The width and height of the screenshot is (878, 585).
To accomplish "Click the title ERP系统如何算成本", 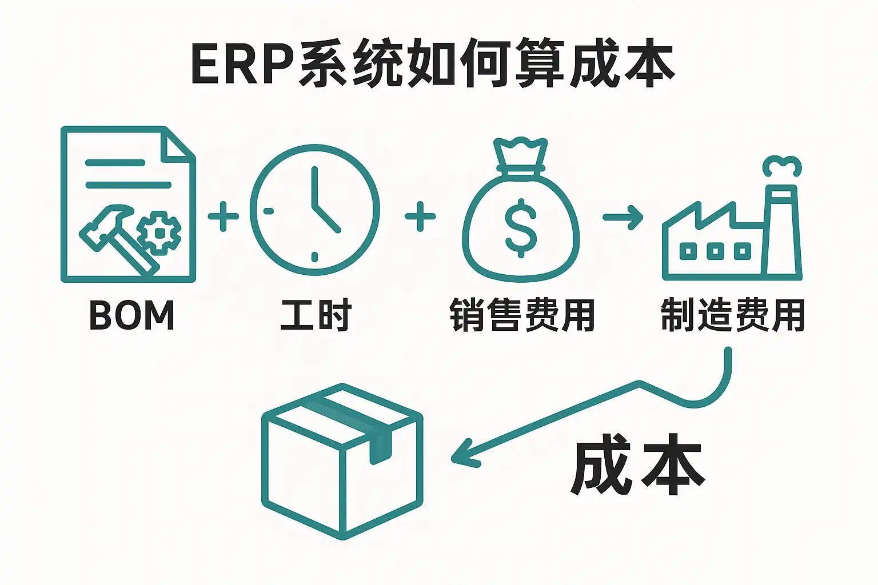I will click(433, 63).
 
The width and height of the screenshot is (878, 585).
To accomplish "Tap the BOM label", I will click(131, 315).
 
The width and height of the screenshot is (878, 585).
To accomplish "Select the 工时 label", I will click(316, 315).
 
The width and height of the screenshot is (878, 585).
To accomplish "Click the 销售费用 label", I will click(522, 315).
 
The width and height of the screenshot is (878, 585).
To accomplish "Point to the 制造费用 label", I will click(732, 315).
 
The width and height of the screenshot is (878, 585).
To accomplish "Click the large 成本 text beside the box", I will click(637, 464).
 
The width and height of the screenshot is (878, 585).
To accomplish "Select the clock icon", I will click(314, 210).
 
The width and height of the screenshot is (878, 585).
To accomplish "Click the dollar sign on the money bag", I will click(521, 227).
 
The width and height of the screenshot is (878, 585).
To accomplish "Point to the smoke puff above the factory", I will click(782, 166).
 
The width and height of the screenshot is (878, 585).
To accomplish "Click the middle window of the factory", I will click(715, 250).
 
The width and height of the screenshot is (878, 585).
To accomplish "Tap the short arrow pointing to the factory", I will click(623, 217).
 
